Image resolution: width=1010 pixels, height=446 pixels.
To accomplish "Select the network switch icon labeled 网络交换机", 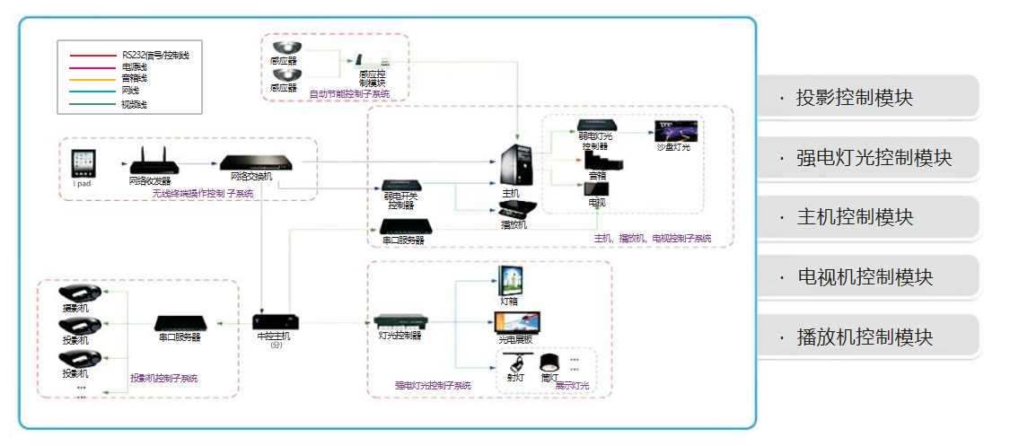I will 259,162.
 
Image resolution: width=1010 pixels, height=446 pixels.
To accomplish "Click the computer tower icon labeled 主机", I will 516,166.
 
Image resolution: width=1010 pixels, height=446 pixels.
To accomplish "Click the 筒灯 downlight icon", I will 549,363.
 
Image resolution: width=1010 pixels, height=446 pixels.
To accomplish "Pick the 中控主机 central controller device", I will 275,321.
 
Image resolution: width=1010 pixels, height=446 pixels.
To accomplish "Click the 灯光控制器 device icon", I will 396,321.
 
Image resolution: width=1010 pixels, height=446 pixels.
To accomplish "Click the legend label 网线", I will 130,91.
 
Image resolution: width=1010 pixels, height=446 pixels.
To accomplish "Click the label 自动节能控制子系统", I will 349,93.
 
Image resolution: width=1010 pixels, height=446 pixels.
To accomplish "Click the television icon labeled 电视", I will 596,189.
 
